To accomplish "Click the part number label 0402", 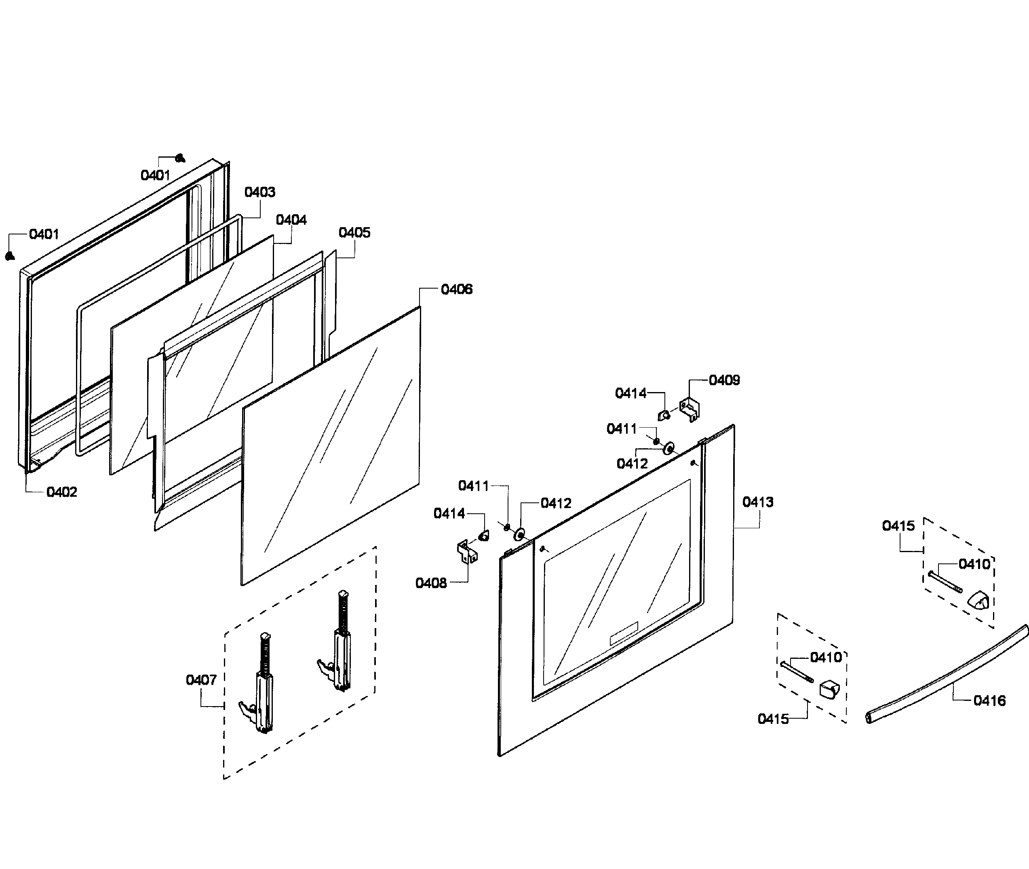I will pyautogui.click(x=61, y=492).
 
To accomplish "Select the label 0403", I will pyautogui.click(x=259, y=192).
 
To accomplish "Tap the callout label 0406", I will pyautogui.click(x=456, y=289).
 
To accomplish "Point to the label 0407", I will pyautogui.click(x=201, y=680).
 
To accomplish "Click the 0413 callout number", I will pyautogui.click(x=757, y=502).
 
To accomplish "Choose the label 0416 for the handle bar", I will pyautogui.click(x=989, y=700).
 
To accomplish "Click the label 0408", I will pyautogui.click(x=431, y=583).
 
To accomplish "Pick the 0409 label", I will pyautogui.click(x=724, y=380).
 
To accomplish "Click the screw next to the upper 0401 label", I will pyautogui.click(x=180, y=158).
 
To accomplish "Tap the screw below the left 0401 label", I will pyautogui.click(x=9, y=256).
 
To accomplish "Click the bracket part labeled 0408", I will pyautogui.click(x=467, y=551).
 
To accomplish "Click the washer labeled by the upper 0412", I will pyautogui.click(x=668, y=448).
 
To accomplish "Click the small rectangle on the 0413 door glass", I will pyautogui.click(x=624, y=633).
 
